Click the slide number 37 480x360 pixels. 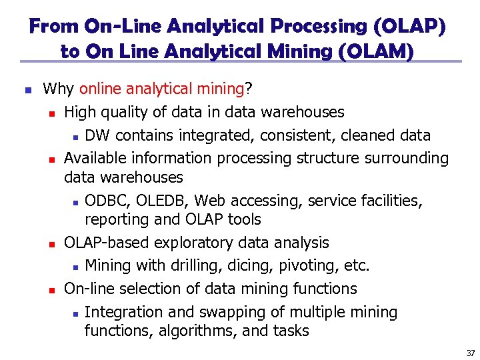click(x=471, y=353)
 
